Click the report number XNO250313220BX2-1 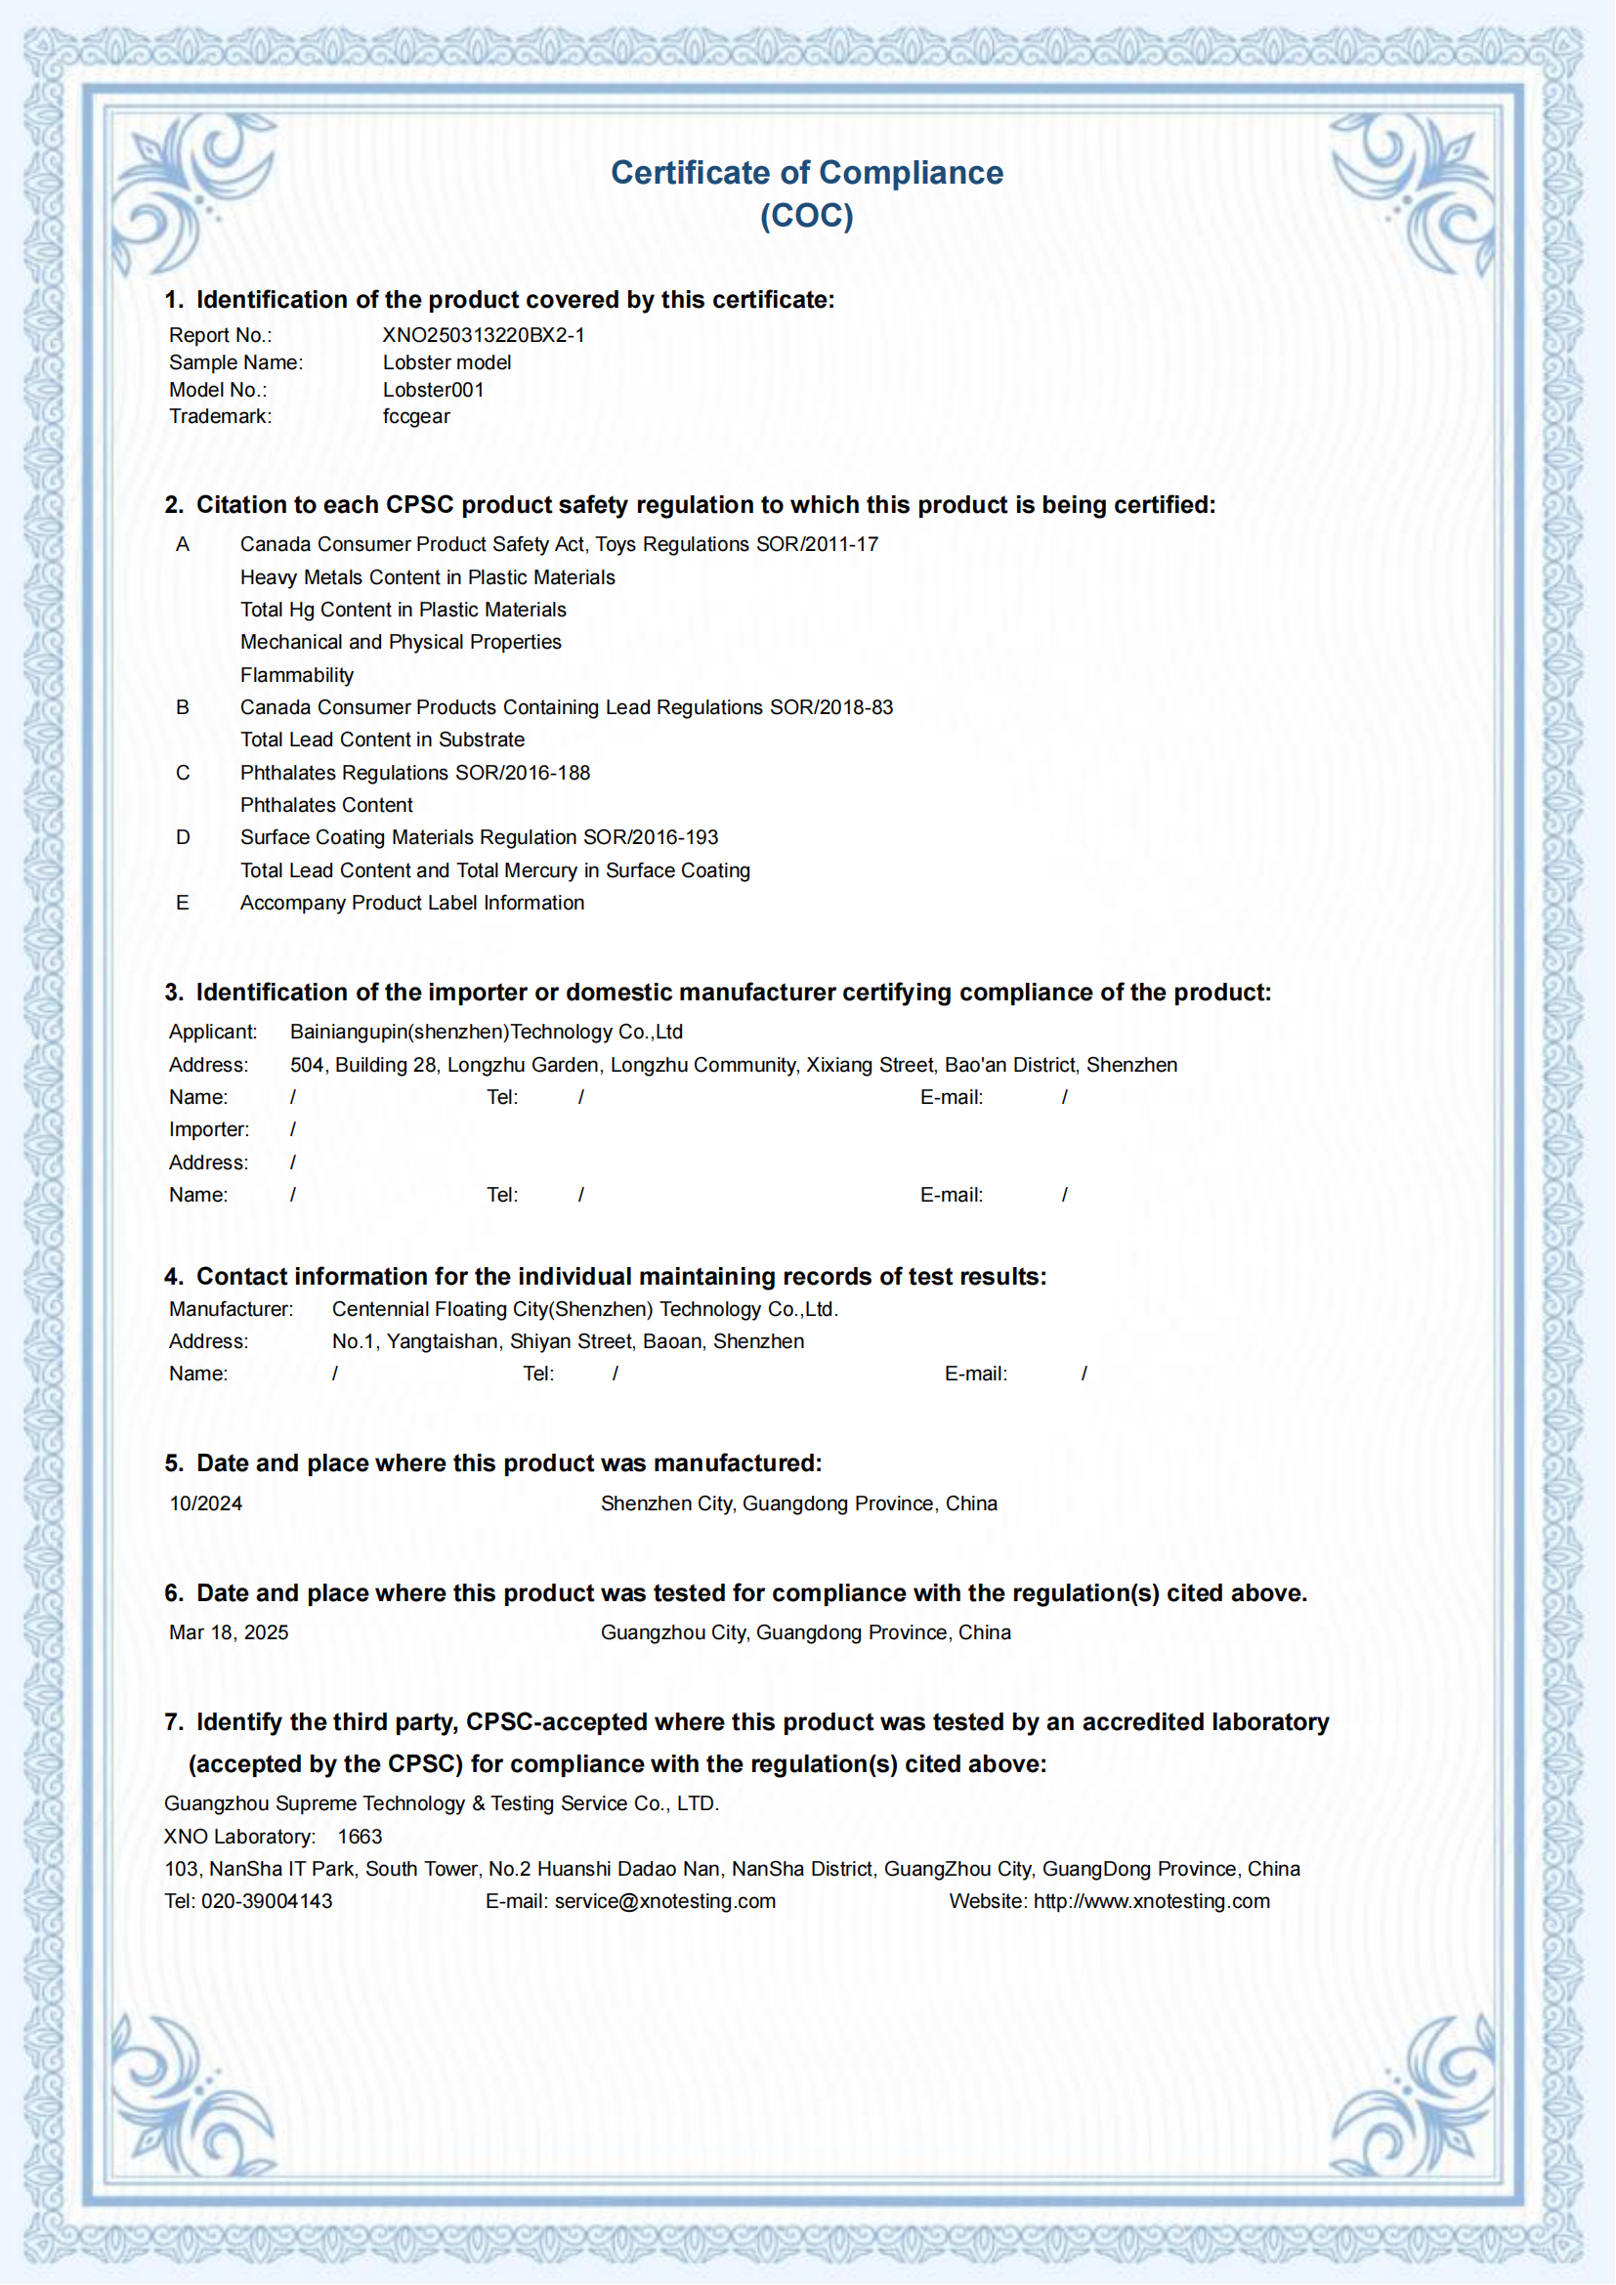pos(484,335)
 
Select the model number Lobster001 pos(433,390)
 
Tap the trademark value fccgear pos(416,417)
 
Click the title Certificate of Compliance pos(807,173)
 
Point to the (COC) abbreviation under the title pos(807,216)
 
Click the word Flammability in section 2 pos(297,676)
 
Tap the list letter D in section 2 pos(183,838)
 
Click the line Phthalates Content pos(326,805)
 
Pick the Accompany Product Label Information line pos(412,904)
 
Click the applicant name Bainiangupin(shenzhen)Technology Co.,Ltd pos(487,1032)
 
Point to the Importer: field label pos(209,1129)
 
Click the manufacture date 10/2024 pos(206,1503)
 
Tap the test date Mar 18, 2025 pos(229,1633)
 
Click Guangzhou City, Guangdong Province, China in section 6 pos(806,1633)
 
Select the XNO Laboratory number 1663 pos(361,1838)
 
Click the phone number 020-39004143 pos(267,1902)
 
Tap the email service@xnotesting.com pos(664,1902)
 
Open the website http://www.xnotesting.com pos(1151,1902)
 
